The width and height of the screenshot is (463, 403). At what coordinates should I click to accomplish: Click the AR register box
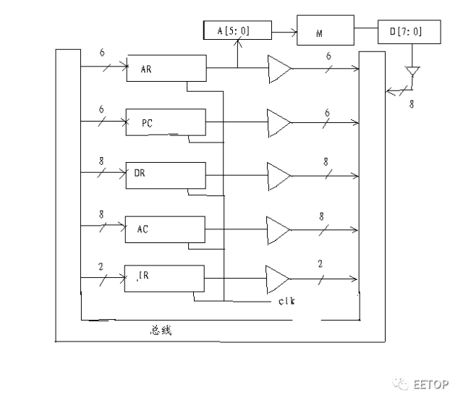point(166,68)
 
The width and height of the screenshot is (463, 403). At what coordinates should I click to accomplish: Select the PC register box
point(166,122)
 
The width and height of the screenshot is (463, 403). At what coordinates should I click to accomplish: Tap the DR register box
point(166,174)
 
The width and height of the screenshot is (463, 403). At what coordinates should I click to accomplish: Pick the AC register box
point(166,229)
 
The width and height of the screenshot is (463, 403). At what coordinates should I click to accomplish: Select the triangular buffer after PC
point(279,123)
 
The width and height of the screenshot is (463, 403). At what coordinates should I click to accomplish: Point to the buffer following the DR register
point(279,176)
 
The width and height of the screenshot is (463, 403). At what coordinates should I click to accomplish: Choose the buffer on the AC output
point(279,229)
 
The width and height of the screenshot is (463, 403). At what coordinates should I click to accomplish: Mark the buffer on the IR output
point(279,279)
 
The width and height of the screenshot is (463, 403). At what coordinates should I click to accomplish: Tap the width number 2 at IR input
point(101,266)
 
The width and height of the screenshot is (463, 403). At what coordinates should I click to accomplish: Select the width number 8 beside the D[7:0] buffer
point(411,104)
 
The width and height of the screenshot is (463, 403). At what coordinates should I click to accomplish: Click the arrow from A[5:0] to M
point(284,32)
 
